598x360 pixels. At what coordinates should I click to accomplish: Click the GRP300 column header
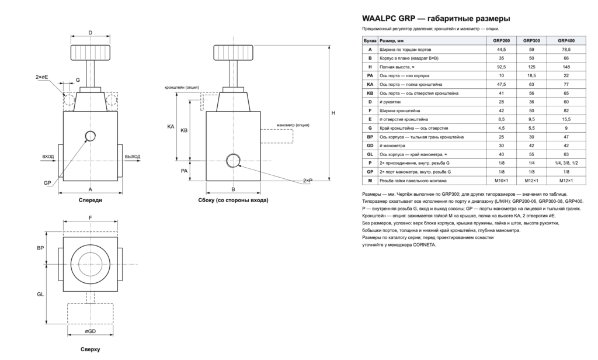[531, 40]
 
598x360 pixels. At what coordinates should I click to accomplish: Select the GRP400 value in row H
[566, 67]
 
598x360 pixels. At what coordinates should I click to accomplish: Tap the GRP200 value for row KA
[501, 84]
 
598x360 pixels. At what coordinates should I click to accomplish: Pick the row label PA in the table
[370, 75]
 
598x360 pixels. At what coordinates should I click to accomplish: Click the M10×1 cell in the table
[501, 181]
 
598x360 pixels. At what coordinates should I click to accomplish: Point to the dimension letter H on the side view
[333, 113]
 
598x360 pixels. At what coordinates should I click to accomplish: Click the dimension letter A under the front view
[91, 189]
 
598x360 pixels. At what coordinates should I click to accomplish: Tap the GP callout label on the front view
[47, 183]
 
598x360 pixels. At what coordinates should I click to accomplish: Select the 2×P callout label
[308, 180]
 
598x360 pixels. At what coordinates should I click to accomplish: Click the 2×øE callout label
[42, 77]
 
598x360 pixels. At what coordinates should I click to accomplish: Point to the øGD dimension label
[90, 331]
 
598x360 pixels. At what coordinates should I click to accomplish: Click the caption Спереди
[91, 200]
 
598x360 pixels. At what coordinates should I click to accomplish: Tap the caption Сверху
[91, 349]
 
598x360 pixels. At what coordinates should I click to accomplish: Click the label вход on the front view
[48, 157]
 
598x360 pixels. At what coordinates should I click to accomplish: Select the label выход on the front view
[133, 157]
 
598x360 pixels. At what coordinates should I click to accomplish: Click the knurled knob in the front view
[91, 53]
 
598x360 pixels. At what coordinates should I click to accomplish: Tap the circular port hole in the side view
[234, 161]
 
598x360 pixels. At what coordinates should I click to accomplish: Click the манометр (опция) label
[293, 125]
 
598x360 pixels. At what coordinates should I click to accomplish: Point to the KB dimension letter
[184, 130]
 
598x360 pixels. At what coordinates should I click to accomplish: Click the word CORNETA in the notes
[424, 245]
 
